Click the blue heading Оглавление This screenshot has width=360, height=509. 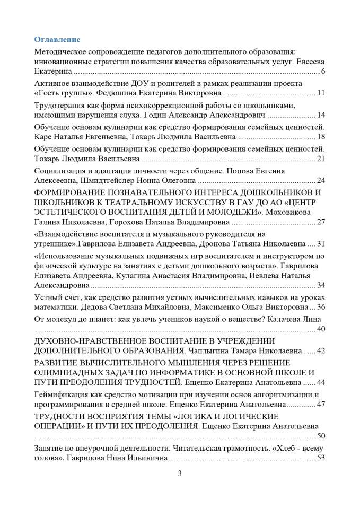coord(57,40)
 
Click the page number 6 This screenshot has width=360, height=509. coord(323,72)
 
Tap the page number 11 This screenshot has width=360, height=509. coord(321,93)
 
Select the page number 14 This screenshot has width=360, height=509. coord(321,115)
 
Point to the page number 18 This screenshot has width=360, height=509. coord(321,137)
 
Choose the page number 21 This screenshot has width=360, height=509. coord(321,159)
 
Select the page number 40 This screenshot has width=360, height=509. coord(321,329)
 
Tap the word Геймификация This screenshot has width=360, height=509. coord(60,394)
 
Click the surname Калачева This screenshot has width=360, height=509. coord(290,318)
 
